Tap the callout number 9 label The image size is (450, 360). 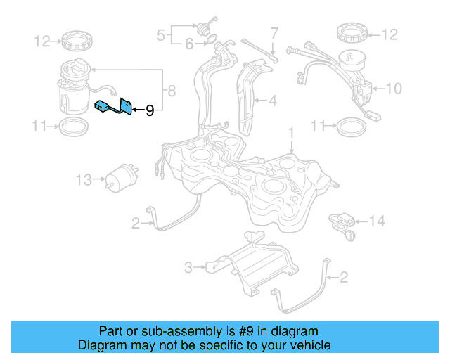tap(149, 110)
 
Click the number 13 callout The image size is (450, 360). tap(84, 181)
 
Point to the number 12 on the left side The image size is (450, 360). tap(42, 42)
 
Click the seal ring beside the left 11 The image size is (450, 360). tap(72, 127)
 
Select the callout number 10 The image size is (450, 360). tap(394, 89)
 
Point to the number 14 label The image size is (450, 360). tap(377, 221)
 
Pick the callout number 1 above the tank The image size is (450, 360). tap(291, 131)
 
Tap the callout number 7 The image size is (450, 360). tap(274, 32)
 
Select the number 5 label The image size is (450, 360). tap(161, 34)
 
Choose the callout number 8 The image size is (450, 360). tap(169, 90)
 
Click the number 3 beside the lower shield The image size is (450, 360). tap(188, 267)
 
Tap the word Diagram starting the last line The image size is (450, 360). tap(99, 345)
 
